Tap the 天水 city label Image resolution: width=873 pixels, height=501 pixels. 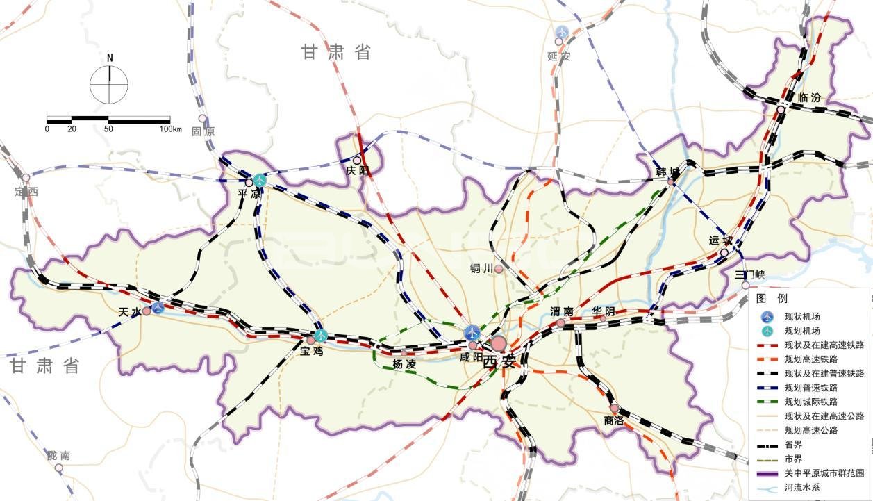(130, 313)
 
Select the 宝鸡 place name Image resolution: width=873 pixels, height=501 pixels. (313, 351)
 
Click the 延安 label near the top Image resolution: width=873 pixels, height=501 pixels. (558, 56)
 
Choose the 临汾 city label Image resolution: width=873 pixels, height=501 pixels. (809, 98)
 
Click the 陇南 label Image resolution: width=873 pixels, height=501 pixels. (59, 456)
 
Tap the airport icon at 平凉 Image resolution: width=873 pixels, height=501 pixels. (260, 180)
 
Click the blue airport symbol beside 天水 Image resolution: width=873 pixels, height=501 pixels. (158, 307)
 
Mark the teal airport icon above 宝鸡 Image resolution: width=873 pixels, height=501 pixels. (320, 336)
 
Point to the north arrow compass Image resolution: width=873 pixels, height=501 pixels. (109, 82)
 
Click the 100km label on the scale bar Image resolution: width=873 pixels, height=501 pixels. (169, 129)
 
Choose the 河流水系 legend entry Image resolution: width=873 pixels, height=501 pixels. (806, 487)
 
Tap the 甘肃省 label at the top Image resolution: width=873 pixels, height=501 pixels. (335, 52)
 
